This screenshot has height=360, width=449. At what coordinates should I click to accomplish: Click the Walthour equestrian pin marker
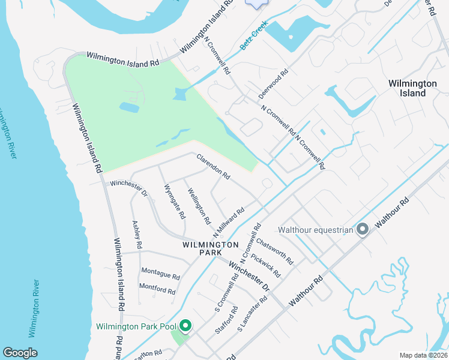point(362,229)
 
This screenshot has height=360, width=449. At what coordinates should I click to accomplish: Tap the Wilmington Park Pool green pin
point(185,326)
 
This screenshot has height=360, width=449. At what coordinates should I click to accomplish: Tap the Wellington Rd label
point(199,206)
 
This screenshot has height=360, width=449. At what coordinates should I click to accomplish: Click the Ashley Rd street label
point(137,235)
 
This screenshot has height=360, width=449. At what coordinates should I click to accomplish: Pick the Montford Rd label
point(157,289)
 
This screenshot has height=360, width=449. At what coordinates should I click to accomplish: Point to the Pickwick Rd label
point(265,265)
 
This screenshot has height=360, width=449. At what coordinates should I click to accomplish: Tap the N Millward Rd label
point(229,222)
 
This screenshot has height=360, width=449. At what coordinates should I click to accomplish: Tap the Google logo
point(20,353)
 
